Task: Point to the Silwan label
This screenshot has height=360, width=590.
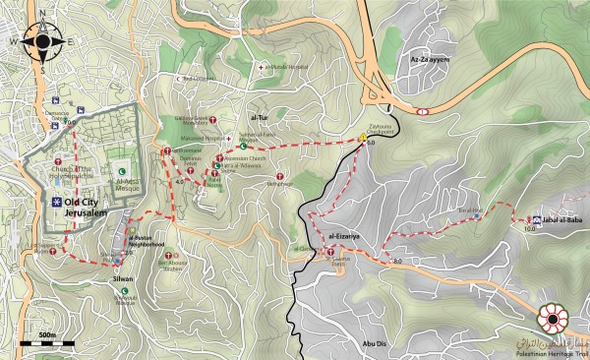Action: point(123,278)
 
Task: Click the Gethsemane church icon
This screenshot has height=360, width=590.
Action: point(168,150)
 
